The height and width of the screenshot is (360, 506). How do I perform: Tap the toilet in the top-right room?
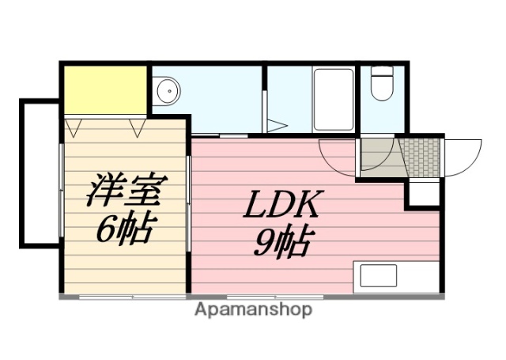pyautogui.click(x=382, y=85)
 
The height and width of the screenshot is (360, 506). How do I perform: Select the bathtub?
pyautogui.click(x=333, y=100)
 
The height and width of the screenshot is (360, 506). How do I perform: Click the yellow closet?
pyautogui.click(x=105, y=89)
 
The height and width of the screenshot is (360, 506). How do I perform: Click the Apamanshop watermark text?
pyautogui.click(x=253, y=309)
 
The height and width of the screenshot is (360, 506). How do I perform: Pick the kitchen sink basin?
pyautogui.click(x=378, y=276)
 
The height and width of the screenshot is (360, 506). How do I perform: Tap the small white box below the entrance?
pyautogui.click(x=423, y=192)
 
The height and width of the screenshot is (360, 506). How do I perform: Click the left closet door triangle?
pyautogui.click(x=76, y=126)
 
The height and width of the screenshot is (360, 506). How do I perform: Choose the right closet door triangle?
pyautogui.click(x=138, y=126)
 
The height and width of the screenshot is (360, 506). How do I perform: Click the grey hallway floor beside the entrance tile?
pyautogui.click(x=377, y=156)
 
